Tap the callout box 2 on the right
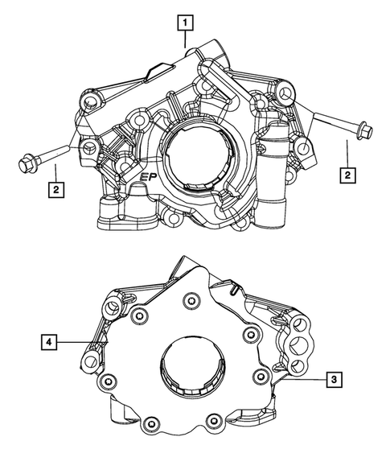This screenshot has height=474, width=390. coord(347,174)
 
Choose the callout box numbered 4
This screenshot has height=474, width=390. coord(50,343)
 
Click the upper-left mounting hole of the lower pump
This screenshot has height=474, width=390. coord(112,307)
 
